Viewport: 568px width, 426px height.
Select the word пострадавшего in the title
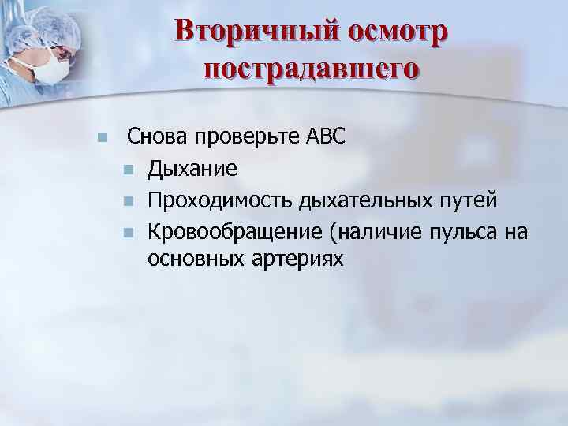[x=311, y=69]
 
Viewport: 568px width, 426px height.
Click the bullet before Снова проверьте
[x=100, y=138]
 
